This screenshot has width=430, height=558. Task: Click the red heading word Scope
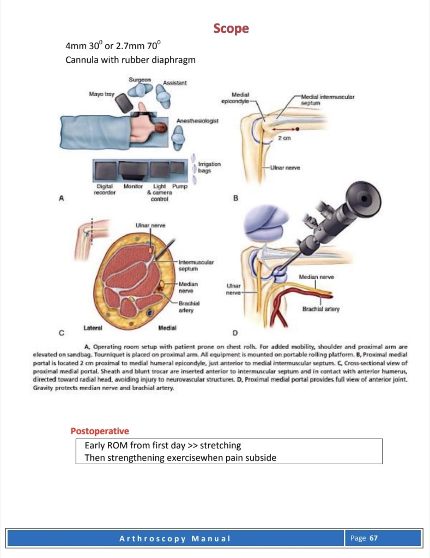(231, 28)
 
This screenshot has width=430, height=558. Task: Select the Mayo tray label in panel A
(101, 94)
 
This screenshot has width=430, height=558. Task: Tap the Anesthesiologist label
(197, 120)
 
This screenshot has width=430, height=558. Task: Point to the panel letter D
(235, 332)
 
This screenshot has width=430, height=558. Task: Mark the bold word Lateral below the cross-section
(94, 327)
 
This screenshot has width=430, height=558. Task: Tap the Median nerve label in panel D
(316, 278)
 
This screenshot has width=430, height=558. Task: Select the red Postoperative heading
(100, 431)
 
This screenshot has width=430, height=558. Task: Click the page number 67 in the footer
(373, 538)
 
